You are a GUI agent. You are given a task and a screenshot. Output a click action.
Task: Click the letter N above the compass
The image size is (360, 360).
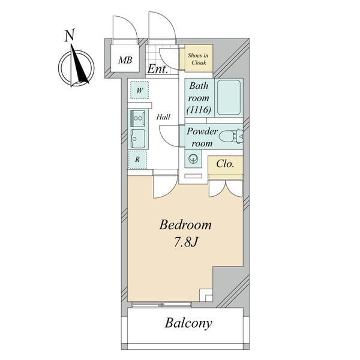click(x=70, y=35)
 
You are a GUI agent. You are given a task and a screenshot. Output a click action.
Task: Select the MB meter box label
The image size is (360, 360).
click(x=125, y=61)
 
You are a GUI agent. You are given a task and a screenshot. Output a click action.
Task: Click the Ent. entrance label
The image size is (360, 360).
click(x=157, y=68)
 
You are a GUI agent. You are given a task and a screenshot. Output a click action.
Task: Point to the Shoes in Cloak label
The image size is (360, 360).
click(x=199, y=59)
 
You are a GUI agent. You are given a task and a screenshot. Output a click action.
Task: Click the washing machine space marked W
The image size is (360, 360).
click(x=139, y=90)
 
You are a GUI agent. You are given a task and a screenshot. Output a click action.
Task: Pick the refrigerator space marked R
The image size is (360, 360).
click(x=137, y=160)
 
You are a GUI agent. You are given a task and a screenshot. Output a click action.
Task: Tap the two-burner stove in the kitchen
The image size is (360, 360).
click(x=137, y=118)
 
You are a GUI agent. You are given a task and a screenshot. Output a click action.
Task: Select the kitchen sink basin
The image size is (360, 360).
click(x=138, y=139)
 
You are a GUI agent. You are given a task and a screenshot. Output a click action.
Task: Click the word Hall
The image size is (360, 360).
click(x=163, y=117)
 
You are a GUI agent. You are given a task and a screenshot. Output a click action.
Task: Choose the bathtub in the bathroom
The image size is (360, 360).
click(x=229, y=97)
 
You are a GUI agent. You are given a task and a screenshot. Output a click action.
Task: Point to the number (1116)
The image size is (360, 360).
click(x=199, y=110)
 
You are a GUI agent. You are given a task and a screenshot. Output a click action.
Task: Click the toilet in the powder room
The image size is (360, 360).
click(x=231, y=137)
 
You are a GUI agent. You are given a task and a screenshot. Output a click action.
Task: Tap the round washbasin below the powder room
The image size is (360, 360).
click(x=193, y=158)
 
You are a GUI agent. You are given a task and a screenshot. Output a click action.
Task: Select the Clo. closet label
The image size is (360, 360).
click(x=225, y=164)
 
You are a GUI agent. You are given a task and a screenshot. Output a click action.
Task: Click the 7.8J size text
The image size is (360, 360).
click(x=185, y=242)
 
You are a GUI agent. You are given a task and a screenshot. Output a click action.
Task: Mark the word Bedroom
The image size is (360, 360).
click(x=185, y=224)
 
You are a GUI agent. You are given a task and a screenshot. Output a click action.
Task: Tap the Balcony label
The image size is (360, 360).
click(x=188, y=323)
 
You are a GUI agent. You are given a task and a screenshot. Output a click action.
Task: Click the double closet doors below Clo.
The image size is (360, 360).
click(x=226, y=188)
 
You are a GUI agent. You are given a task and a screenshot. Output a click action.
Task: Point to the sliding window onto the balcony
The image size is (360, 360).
click(x=162, y=305)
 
